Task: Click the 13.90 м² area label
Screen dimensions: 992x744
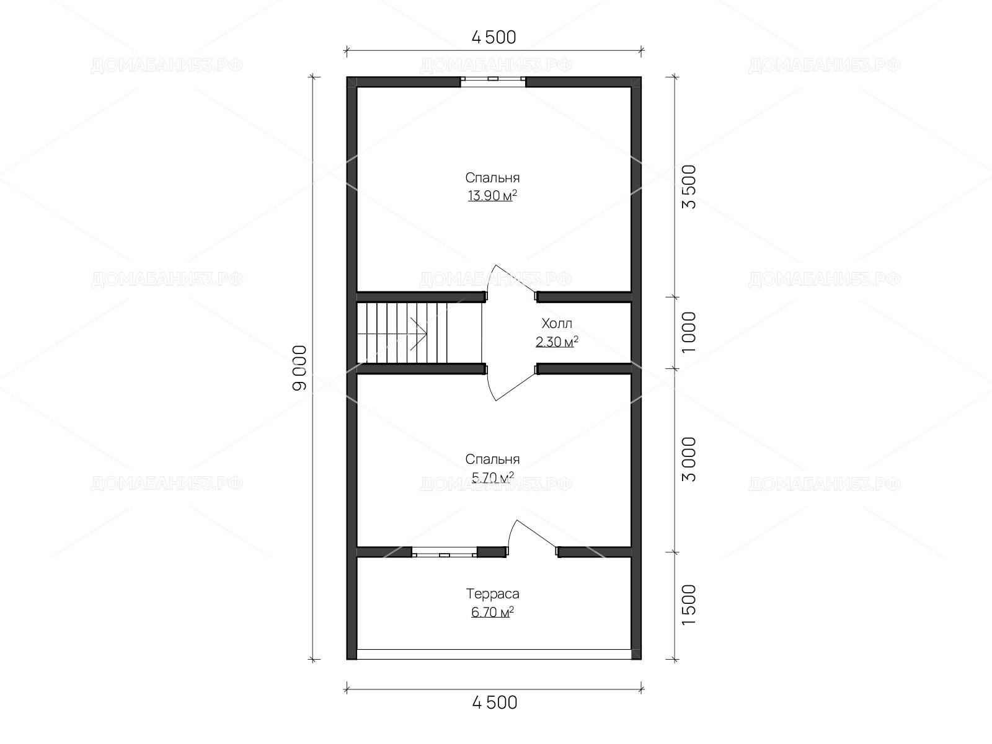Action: [x=492, y=195]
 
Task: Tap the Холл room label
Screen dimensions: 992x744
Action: [x=557, y=324]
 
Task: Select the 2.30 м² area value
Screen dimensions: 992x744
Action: [x=557, y=342]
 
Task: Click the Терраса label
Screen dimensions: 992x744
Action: [x=493, y=593]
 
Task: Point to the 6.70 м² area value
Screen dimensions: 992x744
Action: [x=492, y=612]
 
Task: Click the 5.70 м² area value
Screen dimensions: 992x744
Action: [x=492, y=477]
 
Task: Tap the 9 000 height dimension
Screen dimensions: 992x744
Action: [x=299, y=368]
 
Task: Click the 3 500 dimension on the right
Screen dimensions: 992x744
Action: [x=689, y=187]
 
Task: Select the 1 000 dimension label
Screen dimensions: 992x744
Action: [x=689, y=332]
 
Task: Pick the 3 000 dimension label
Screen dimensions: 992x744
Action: [x=689, y=459]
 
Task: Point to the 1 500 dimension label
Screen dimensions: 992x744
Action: [x=689, y=605]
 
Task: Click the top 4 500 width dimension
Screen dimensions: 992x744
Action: [x=494, y=37]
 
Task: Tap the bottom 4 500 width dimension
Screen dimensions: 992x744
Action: [x=494, y=703]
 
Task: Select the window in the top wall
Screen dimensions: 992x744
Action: [x=493, y=82]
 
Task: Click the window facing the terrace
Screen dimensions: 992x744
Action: [x=445, y=552]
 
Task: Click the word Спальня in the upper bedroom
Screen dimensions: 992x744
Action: [x=492, y=177]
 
